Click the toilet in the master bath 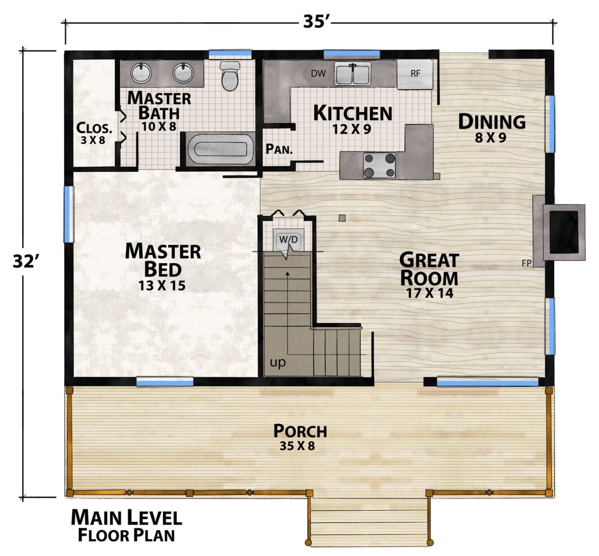pos(230,76)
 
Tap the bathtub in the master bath pos(220,149)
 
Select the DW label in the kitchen pos(318,73)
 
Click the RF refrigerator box pos(415,74)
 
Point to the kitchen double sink pos(353,74)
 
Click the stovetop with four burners pos(379,165)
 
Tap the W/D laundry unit pos(288,240)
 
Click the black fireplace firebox pos(564,232)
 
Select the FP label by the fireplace pos(526,263)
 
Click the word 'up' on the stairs pos(277,362)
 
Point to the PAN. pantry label pos(279,149)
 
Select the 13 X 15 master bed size pos(162,286)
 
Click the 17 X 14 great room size pos(430,293)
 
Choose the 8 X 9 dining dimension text pos(490,138)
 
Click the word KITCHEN pos(353,113)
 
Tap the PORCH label pos(300,431)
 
